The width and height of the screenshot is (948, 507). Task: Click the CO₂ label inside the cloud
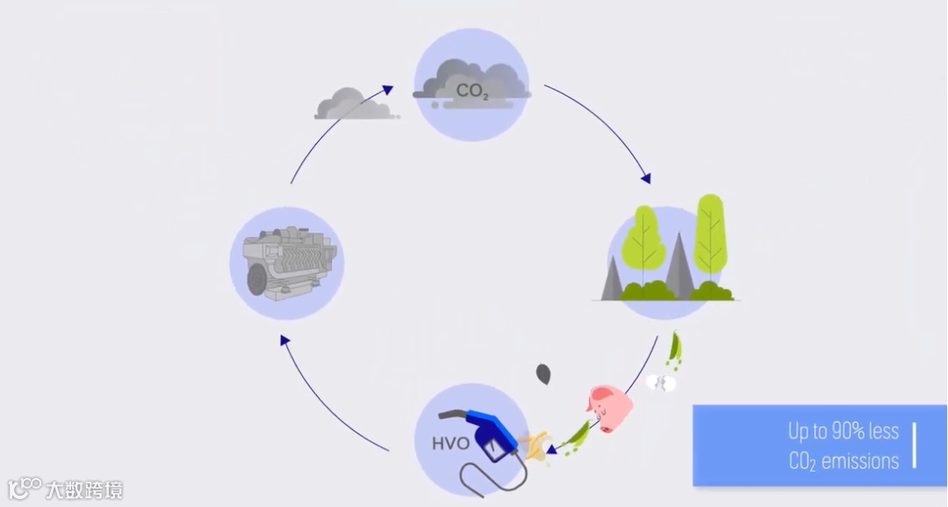[x=471, y=89]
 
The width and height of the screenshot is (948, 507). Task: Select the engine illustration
[x=287, y=263]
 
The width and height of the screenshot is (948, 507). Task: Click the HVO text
[x=451, y=443]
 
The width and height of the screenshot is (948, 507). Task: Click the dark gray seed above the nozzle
[x=544, y=375]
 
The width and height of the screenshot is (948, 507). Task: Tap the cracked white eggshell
[x=660, y=382]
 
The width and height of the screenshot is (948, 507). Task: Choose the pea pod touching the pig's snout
[x=576, y=435]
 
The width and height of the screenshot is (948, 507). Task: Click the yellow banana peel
[x=533, y=444]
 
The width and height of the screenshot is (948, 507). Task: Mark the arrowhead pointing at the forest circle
[x=646, y=178]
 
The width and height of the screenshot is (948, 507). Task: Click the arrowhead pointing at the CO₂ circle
[x=388, y=89]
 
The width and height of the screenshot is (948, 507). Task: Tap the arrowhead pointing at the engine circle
[x=284, y=340]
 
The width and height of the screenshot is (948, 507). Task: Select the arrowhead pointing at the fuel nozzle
[x=551, y=453]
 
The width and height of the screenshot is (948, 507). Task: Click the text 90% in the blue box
[x=849, y=432]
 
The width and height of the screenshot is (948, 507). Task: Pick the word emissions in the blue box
[x=859, y=461]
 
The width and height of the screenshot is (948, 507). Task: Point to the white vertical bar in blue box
[x=914, y=446]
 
